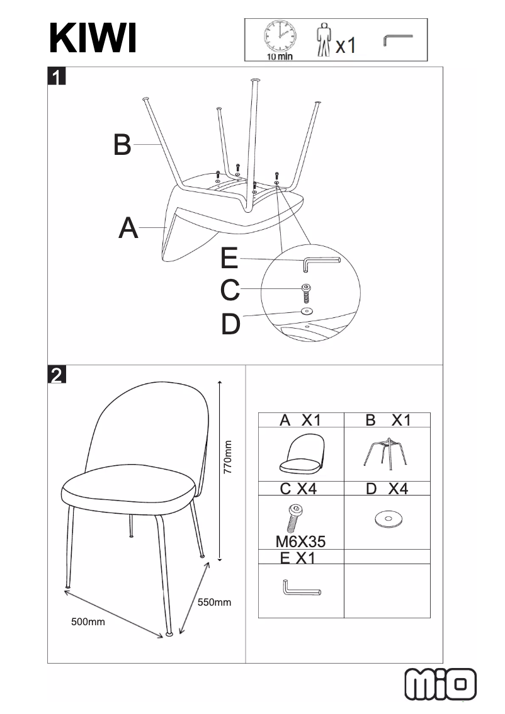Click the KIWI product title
(93, 39)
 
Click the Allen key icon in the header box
(397, 40)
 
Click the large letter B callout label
(122, 145)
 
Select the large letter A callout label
(128, 228)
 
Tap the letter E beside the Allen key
(230, 259)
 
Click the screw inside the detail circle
(306, 293)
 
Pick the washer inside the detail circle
(307, 311)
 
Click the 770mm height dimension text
(229, 457)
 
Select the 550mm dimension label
(214, 603)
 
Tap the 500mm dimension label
(88, 622)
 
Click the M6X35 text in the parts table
(301, 540)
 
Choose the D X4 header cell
(387, 489)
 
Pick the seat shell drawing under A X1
(301, 456)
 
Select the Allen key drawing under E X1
(301, 590)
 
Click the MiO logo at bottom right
(441, 684)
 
